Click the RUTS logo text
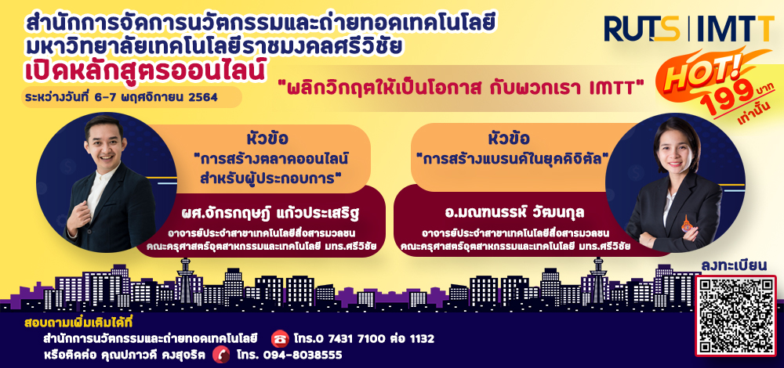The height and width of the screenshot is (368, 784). click(641, 29)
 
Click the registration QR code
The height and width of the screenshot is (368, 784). click(735, 316)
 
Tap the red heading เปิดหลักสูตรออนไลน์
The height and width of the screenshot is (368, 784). click(145, 72)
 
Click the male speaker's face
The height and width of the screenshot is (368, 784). click(103, 143)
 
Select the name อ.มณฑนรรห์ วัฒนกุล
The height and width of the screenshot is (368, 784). click(515, 214)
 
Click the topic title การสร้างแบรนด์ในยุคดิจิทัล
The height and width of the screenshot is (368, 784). click(515, 159)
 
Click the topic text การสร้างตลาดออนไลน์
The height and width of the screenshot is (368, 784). click(270, 160)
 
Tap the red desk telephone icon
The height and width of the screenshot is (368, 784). click(280, 339)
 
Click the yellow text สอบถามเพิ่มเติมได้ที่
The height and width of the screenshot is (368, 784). click(81, 323)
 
